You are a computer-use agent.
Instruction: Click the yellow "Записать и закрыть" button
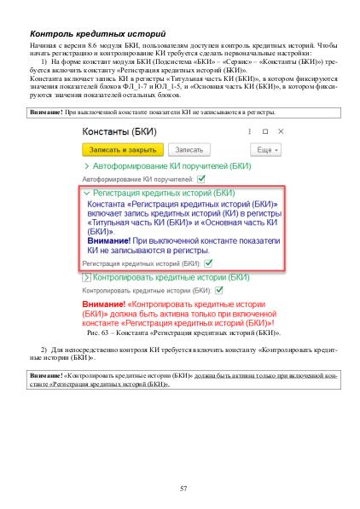[116, 148]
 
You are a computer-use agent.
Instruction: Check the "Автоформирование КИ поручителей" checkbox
[200, 179]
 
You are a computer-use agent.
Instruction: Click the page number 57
[183, 487]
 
